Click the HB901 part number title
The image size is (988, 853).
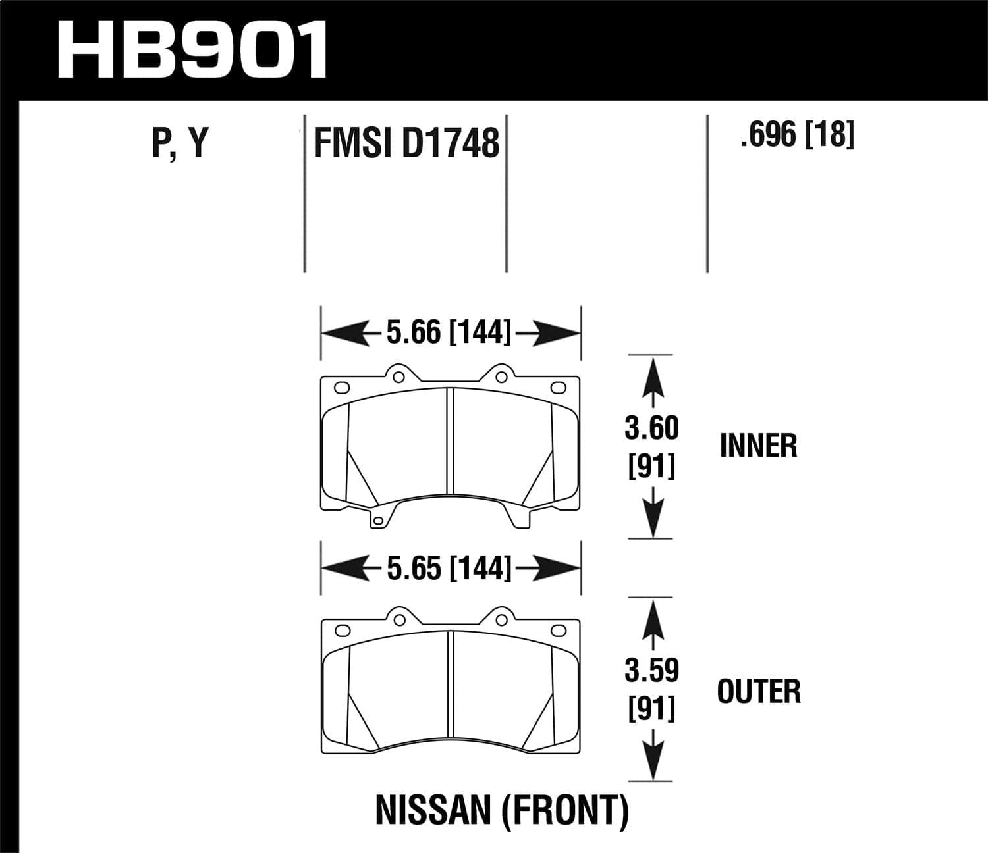click(192, 49)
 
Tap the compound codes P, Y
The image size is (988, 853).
click(180, 143)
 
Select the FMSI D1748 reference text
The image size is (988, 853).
click(406, 143)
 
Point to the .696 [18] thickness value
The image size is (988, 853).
click(797, 135)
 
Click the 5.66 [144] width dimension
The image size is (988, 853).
click(449, 332)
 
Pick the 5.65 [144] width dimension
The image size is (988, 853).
click(449, 568)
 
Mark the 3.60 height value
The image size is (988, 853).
click(651, 428)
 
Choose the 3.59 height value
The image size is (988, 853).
click(651, 671)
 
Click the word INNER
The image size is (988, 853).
click(759, 446)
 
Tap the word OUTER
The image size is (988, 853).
click(759, 691)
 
